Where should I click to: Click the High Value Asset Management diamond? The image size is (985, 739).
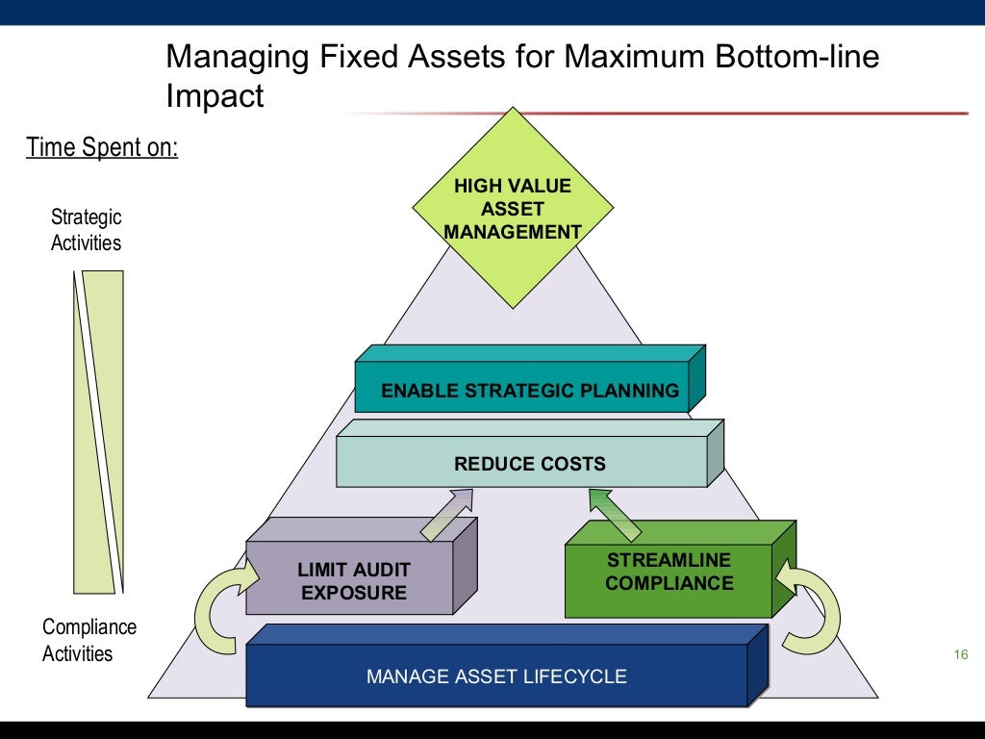pos(513,207)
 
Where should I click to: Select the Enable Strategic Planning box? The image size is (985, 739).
pos(529,390)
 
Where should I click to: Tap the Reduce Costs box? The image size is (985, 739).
pos(529,464)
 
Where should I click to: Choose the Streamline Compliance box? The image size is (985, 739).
pos(669,572)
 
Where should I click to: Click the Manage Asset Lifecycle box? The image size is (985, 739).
pos(496,675)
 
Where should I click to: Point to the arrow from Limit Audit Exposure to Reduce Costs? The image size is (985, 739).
pos(446,514)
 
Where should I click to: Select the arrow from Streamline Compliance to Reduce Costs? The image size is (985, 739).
pos(615,513)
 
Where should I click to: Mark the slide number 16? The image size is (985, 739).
pos(958,655)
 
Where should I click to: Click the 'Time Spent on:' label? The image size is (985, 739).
pos(102,148)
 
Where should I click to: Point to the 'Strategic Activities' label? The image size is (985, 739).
pos(87,230)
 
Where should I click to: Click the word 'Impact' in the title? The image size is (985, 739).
pos(215,96)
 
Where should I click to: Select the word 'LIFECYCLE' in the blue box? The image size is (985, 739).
pos(574,676)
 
